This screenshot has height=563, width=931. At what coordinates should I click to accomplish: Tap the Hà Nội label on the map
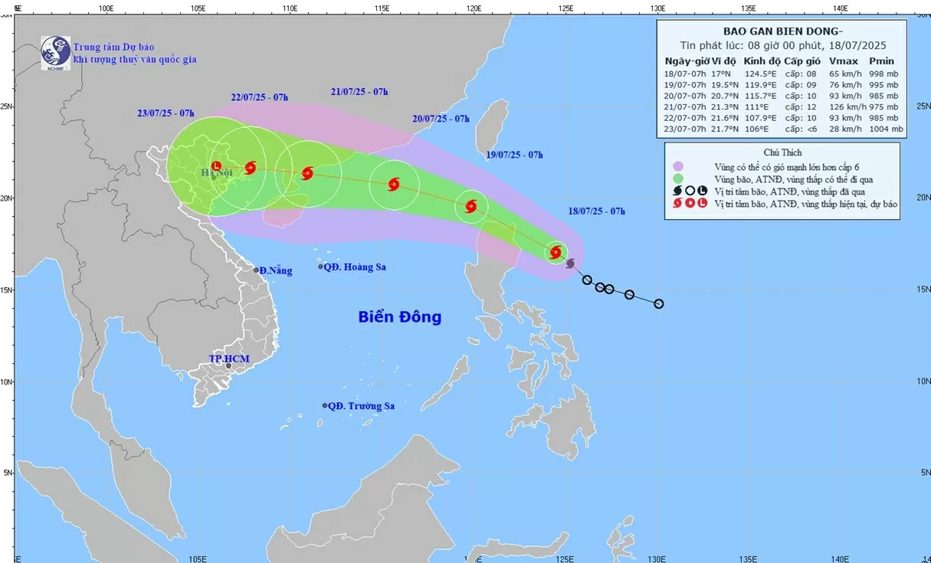[x=216, y=173]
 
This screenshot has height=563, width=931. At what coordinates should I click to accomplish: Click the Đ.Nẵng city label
[x=275, y=270]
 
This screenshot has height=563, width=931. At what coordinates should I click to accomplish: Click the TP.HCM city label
[x=230, y=358]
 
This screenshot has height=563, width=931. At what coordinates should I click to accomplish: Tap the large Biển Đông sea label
[x=399, y=316]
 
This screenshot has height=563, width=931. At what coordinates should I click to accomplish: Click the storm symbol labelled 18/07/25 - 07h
[x=556, y=252]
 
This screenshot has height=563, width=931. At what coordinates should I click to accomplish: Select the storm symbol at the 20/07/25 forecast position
[x=394, y=184]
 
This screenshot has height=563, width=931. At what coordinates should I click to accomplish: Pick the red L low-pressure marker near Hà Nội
[x=216, y=165]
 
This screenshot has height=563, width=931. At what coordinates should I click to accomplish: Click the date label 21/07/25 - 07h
[x=359, y=92]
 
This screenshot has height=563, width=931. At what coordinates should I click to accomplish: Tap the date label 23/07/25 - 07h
[x=166, y=113]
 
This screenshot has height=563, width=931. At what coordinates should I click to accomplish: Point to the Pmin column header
[x=881, y=61]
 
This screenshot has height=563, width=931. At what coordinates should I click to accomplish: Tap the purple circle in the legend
[x=678, y=166]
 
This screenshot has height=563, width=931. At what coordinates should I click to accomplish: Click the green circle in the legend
[x=678, y=178]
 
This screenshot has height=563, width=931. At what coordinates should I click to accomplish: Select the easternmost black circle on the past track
[x=658, y=304]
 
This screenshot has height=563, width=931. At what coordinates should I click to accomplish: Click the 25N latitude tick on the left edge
[x=6, y=106]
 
